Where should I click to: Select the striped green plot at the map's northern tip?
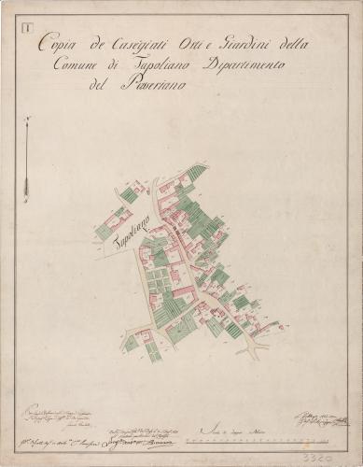click(x=193, y=173)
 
